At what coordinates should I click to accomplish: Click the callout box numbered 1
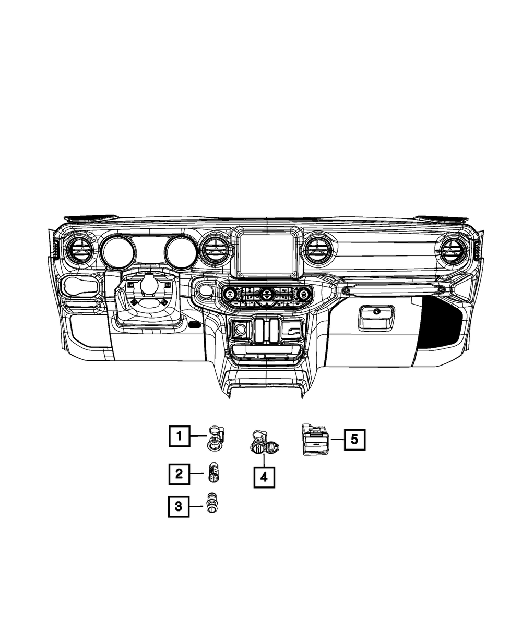pyautogui.click(x=180, y=436)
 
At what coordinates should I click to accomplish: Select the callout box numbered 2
pyautogui.click(x=179, y=474)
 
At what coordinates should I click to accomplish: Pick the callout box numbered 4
pyautogui.click(x=264, y=478)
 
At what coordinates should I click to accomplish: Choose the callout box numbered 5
pyautogui.click(x=354, y=439)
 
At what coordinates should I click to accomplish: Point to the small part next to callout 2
pyautogui.click(x=213, y=472)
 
